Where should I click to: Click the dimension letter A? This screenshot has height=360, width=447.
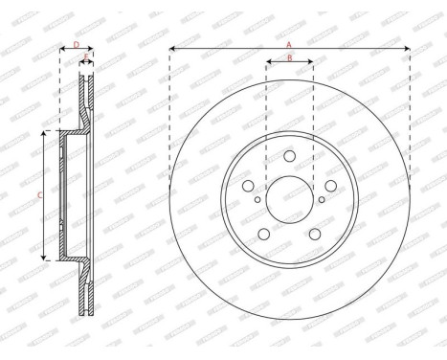point(290,43)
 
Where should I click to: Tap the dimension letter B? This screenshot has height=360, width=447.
point(290,59)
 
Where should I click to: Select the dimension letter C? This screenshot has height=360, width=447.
point(39,196)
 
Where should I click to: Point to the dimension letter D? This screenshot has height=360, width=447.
point(76,44)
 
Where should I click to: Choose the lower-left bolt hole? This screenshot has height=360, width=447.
point(263,235)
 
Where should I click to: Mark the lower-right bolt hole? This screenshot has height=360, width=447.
point(315,235)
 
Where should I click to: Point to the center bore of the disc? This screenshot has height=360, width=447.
point(289,202)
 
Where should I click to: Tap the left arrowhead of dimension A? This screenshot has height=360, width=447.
point(172,48)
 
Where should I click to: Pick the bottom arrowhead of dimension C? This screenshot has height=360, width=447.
point(45,258)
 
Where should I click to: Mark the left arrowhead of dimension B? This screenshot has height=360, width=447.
point(268,64)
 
